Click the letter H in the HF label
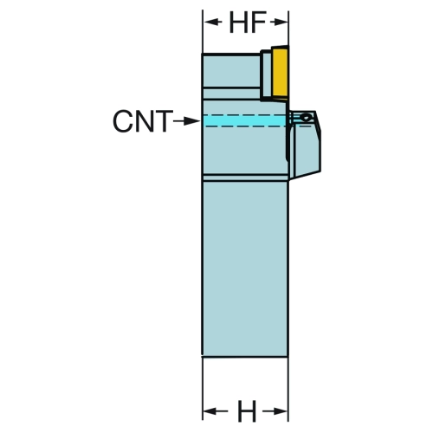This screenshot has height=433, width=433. tap(238, 23)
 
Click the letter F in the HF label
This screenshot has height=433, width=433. tap(258, 23)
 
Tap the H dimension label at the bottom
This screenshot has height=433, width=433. tap(247, 411)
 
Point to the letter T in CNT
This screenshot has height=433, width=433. tap(163, 121)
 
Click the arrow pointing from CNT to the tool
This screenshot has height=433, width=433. tap(186, 121)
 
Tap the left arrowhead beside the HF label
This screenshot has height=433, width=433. tap(213, 22)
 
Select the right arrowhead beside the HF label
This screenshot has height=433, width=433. tap(279, 22)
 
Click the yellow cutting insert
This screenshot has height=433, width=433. tap(280, 74)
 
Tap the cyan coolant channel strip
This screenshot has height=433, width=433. tap(245, 120)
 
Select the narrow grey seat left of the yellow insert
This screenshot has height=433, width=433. tap(266, 75)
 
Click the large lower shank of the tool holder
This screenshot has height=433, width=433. tap(245, 268)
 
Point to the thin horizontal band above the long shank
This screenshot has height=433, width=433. tap(245, 178)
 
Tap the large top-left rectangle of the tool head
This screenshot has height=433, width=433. tap(232, 71)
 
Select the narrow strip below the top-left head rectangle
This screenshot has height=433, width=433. tap(232, 94)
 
